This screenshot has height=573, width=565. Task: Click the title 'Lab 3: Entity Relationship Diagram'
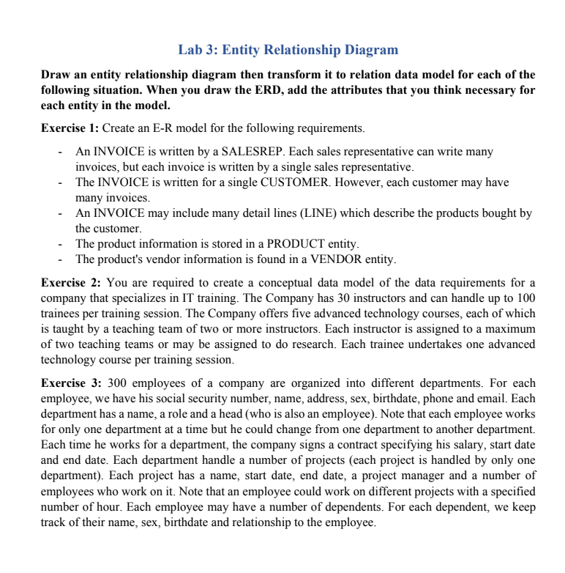pos(288,51)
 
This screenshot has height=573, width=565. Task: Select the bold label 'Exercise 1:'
pos(70,128)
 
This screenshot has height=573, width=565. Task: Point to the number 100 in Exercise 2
pos(525,298)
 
